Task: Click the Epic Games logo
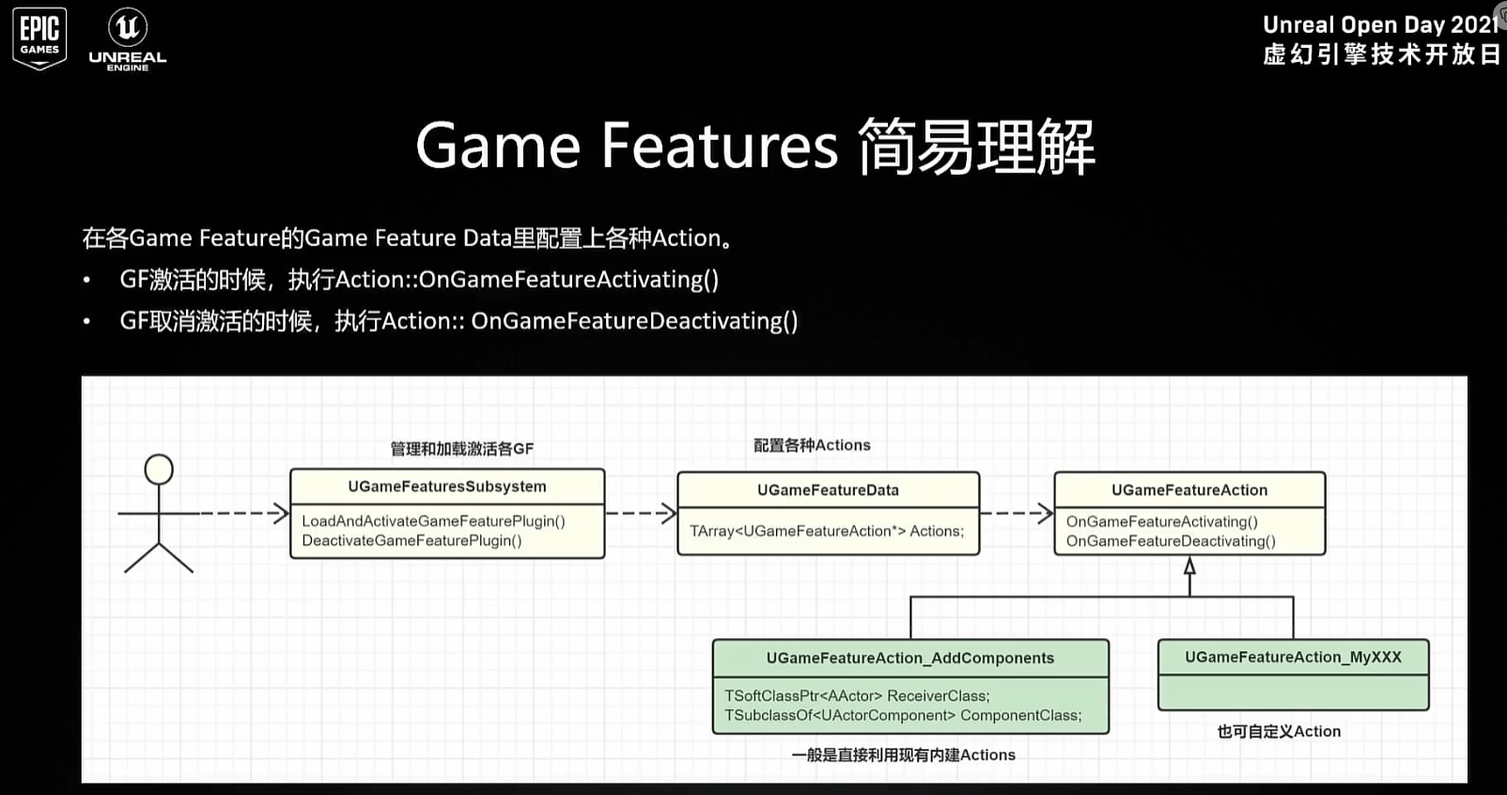(39, 38)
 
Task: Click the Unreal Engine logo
(128, 39)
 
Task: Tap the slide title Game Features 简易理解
(754, 147)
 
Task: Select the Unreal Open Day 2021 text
(1379, 25)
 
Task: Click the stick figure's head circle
(159, 469)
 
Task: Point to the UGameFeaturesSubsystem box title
(446, 487)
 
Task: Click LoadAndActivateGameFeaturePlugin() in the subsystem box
(433, 521)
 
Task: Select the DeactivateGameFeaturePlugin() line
(412, 540)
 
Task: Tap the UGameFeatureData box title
(828, 490)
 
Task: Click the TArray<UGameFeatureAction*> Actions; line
(827, 531)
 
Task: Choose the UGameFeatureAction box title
(1189, 490)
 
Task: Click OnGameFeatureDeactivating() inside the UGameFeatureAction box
(1171, 541)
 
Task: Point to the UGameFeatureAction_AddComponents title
(909, 658)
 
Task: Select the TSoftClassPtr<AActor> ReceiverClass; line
(857, 695)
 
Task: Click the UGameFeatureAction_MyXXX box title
(1293, 657)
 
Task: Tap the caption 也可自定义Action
(1279, 731)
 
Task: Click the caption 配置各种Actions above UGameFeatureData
(812, 445)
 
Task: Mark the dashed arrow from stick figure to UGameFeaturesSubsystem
(242, 513)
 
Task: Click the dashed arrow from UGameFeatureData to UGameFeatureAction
(1017, 513)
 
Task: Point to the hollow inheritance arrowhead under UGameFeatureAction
(1189, 566)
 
